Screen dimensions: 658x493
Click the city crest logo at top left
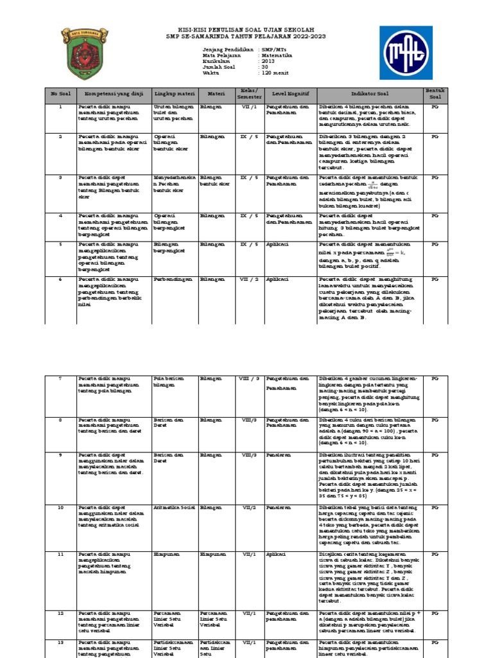[x=84, y=53]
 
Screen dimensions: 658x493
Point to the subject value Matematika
[x=278, y=56]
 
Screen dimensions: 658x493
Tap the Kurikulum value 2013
[x=268, y=62]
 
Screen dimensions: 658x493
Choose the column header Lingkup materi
[x=174, y=94]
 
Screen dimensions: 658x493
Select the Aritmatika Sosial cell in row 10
[x=174, y=490]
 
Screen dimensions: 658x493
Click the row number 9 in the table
[x=59, y=454]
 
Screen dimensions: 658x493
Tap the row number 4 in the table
[x=59, y=216]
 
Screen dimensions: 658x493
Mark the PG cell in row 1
[x=434, y=107]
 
